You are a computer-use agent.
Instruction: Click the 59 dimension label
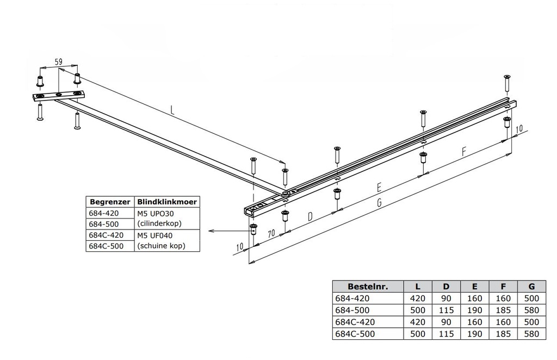point(59,62)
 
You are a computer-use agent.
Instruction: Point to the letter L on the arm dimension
point(172,110)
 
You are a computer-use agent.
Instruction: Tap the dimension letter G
point(379,202)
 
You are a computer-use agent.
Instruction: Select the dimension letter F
point(463,152)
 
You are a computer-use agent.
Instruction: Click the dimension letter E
point(379,187)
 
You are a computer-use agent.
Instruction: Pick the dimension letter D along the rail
point(310,216)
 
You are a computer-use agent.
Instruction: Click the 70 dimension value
point(271,233)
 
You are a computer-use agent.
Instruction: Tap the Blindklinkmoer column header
point(167,202)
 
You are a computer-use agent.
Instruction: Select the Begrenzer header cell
point(110,202)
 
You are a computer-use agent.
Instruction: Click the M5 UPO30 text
point(156,213)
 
